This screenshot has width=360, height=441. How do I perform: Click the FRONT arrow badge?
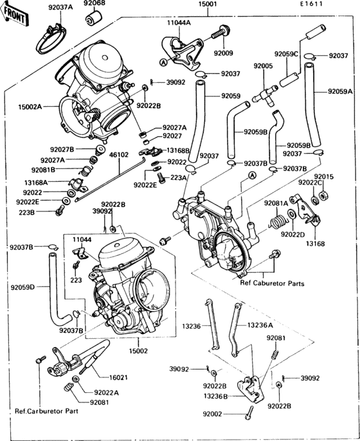tap(17, 18)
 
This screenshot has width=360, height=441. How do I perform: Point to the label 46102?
tap(118, 155)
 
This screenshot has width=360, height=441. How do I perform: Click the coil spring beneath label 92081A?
tap(276, 222)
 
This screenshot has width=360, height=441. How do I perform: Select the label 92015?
tap(323, 175)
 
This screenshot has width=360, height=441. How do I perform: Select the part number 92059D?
tap(22, 287)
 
